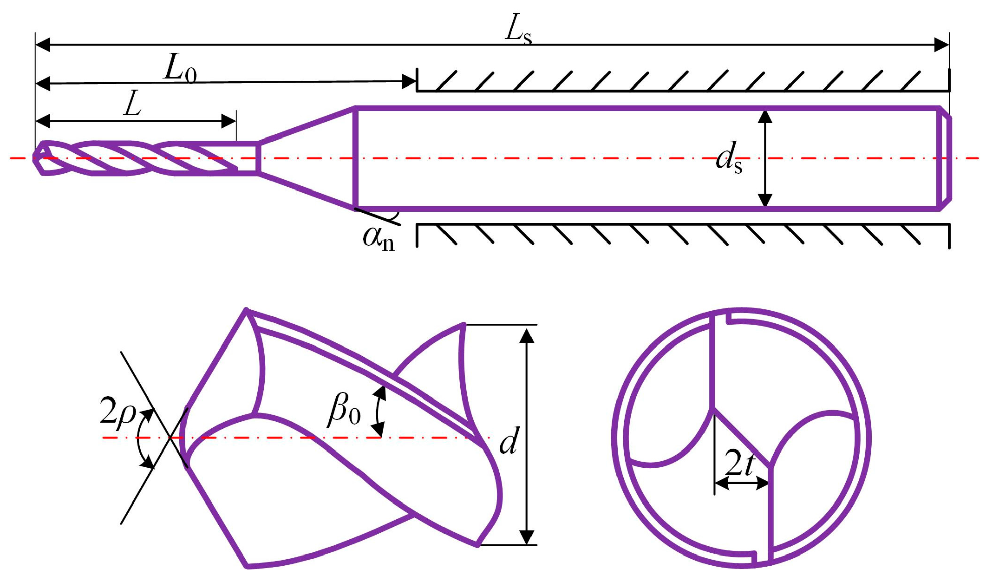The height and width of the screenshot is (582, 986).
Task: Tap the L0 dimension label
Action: tap(180, 71)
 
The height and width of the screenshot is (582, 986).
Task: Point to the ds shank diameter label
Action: tap(729, 160)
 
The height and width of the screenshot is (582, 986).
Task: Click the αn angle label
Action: tap(379, 238)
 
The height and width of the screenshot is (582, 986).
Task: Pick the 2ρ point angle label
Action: tap(117, 412)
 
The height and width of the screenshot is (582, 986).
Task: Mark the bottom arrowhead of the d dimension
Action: tap(526, 538)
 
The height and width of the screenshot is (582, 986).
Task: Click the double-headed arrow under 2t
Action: tap(742, 484)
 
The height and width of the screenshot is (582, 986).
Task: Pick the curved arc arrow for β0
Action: tap(377, 412)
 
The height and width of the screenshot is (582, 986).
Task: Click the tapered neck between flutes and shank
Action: tap(307, 158)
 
